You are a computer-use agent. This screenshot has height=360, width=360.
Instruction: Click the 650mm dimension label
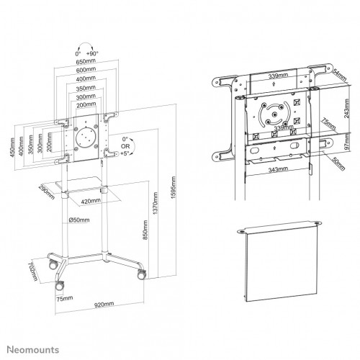tap(86, 63)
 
